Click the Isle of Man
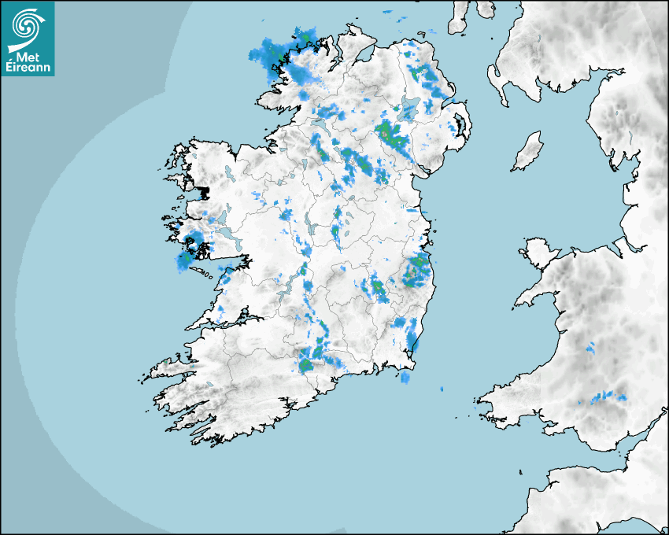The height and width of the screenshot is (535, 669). click(527, 151)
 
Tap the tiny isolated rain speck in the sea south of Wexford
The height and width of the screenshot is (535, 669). click(441, 389)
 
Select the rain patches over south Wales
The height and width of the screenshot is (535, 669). click(606, 397)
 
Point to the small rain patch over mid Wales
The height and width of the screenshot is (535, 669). click(591, 346)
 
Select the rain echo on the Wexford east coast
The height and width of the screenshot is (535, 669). click(412, 338)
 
